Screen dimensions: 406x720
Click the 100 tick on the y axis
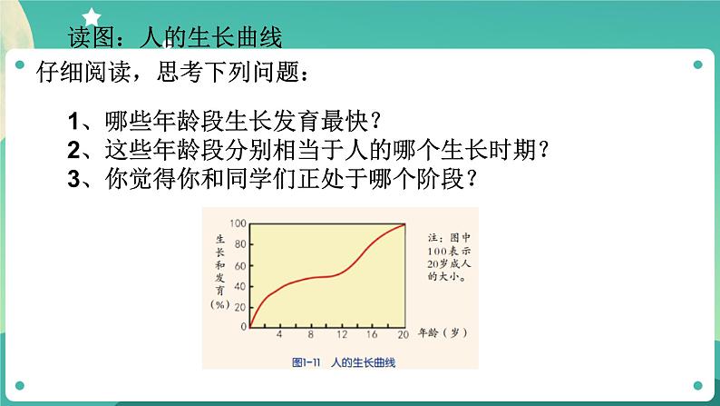pos(239,223)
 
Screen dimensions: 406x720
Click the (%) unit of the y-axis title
pos(221,305)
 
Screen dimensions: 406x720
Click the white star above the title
pos(92,14)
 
